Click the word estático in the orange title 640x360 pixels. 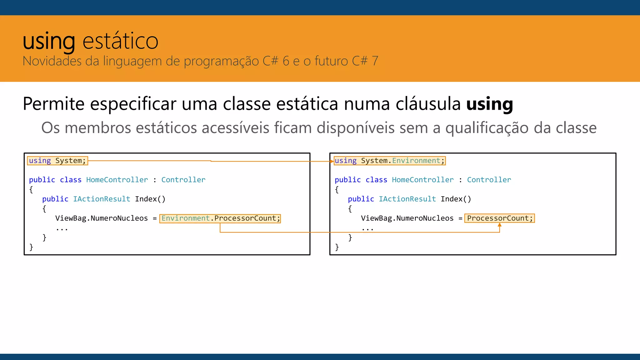pos(120,41)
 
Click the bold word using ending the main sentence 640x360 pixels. pos(489,104)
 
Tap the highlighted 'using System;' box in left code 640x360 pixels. pos(57,161)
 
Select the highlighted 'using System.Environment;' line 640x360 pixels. pos(389,161)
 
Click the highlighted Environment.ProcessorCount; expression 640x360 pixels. pos(220,218)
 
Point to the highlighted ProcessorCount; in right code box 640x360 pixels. pos(499,218)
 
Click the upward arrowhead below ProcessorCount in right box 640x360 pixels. pos(499,225)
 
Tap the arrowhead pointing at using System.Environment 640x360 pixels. pos(332,161)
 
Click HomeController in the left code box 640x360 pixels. pos(117,180)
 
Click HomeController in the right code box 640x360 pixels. pos(422,180)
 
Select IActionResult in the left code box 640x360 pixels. pos(102,199)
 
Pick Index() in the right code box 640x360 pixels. pos(456,199)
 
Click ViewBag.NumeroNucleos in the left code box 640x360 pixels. pos(101,218)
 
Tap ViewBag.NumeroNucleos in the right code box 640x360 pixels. pos(407,218)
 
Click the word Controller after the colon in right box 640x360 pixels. pos(489,180)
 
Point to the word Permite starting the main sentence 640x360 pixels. pos(53,104)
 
